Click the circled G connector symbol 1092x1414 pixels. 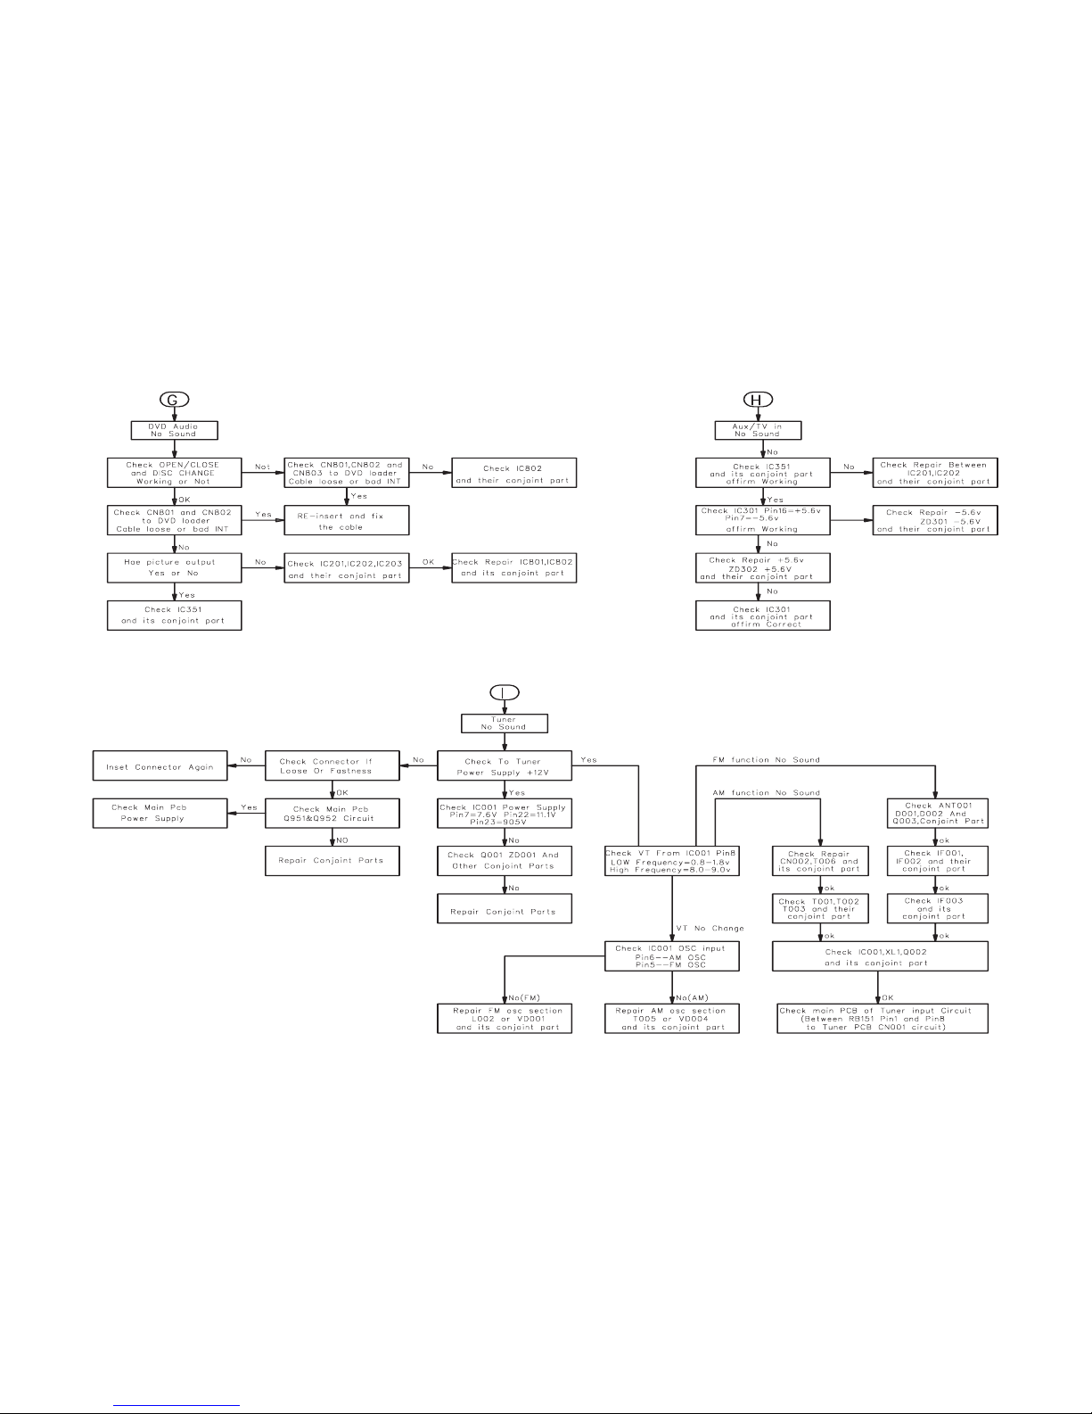173,400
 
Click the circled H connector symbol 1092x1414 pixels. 757,400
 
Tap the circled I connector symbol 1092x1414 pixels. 504,692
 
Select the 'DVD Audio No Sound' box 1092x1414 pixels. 174,430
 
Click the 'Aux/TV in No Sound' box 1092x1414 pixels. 759,430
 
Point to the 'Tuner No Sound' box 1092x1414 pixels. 505,723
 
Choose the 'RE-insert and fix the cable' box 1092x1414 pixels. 346,521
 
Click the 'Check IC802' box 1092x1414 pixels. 513,473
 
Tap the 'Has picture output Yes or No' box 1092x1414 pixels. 174,568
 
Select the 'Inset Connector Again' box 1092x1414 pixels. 160,766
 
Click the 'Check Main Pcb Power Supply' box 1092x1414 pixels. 160,813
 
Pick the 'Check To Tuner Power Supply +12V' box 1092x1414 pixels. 504,766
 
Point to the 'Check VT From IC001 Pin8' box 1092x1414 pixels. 672,861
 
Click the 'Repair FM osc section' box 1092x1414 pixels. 504,1018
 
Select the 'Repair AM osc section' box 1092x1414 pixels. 672,1018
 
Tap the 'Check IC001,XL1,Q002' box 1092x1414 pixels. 880,957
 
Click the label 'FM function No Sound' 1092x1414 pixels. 767,759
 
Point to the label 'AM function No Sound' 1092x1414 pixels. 767,792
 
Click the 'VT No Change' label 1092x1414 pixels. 710,928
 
